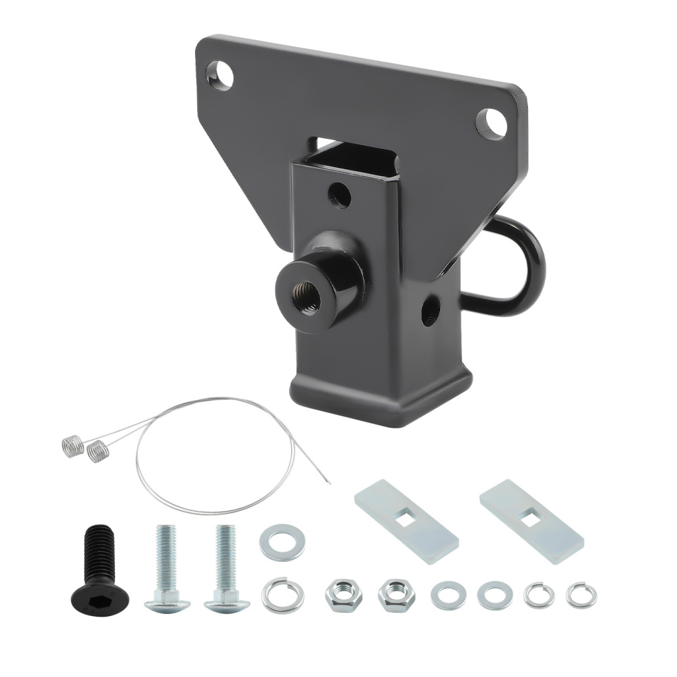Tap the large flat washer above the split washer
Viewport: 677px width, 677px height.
tap(282, 542)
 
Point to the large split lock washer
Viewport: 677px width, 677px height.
tap(282, 594)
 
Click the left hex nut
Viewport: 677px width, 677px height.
tap(340, 594)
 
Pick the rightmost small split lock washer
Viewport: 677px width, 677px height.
tap(582, 595)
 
